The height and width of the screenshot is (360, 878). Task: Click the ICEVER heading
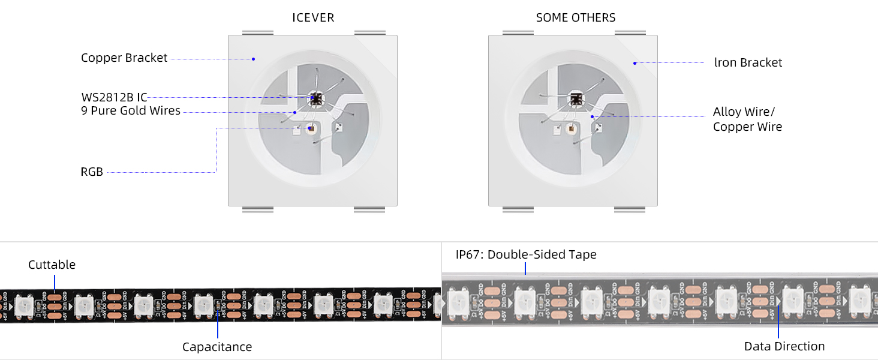313,17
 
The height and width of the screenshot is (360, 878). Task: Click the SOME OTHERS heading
576,17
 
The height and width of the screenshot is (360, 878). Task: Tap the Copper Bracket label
124,58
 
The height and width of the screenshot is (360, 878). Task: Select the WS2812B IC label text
114,97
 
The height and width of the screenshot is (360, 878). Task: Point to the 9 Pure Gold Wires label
130,110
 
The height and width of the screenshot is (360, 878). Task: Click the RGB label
92,172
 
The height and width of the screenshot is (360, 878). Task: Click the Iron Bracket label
748,62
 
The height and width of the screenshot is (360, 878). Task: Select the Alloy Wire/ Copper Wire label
747,119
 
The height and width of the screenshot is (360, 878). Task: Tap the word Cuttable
52,265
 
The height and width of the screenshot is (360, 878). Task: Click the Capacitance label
217,347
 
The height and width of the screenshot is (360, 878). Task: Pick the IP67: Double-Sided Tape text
526,254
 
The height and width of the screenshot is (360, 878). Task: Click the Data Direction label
784,346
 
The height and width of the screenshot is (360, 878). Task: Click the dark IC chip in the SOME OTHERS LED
576,98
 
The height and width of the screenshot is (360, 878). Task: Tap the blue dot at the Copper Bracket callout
253,59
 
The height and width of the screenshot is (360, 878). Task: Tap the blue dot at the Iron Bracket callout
635,62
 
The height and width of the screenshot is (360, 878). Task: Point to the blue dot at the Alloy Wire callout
592,117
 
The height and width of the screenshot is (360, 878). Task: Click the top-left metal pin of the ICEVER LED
258,32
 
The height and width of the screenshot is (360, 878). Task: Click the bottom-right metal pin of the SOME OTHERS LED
630,209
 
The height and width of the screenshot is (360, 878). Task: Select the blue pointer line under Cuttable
54,282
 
